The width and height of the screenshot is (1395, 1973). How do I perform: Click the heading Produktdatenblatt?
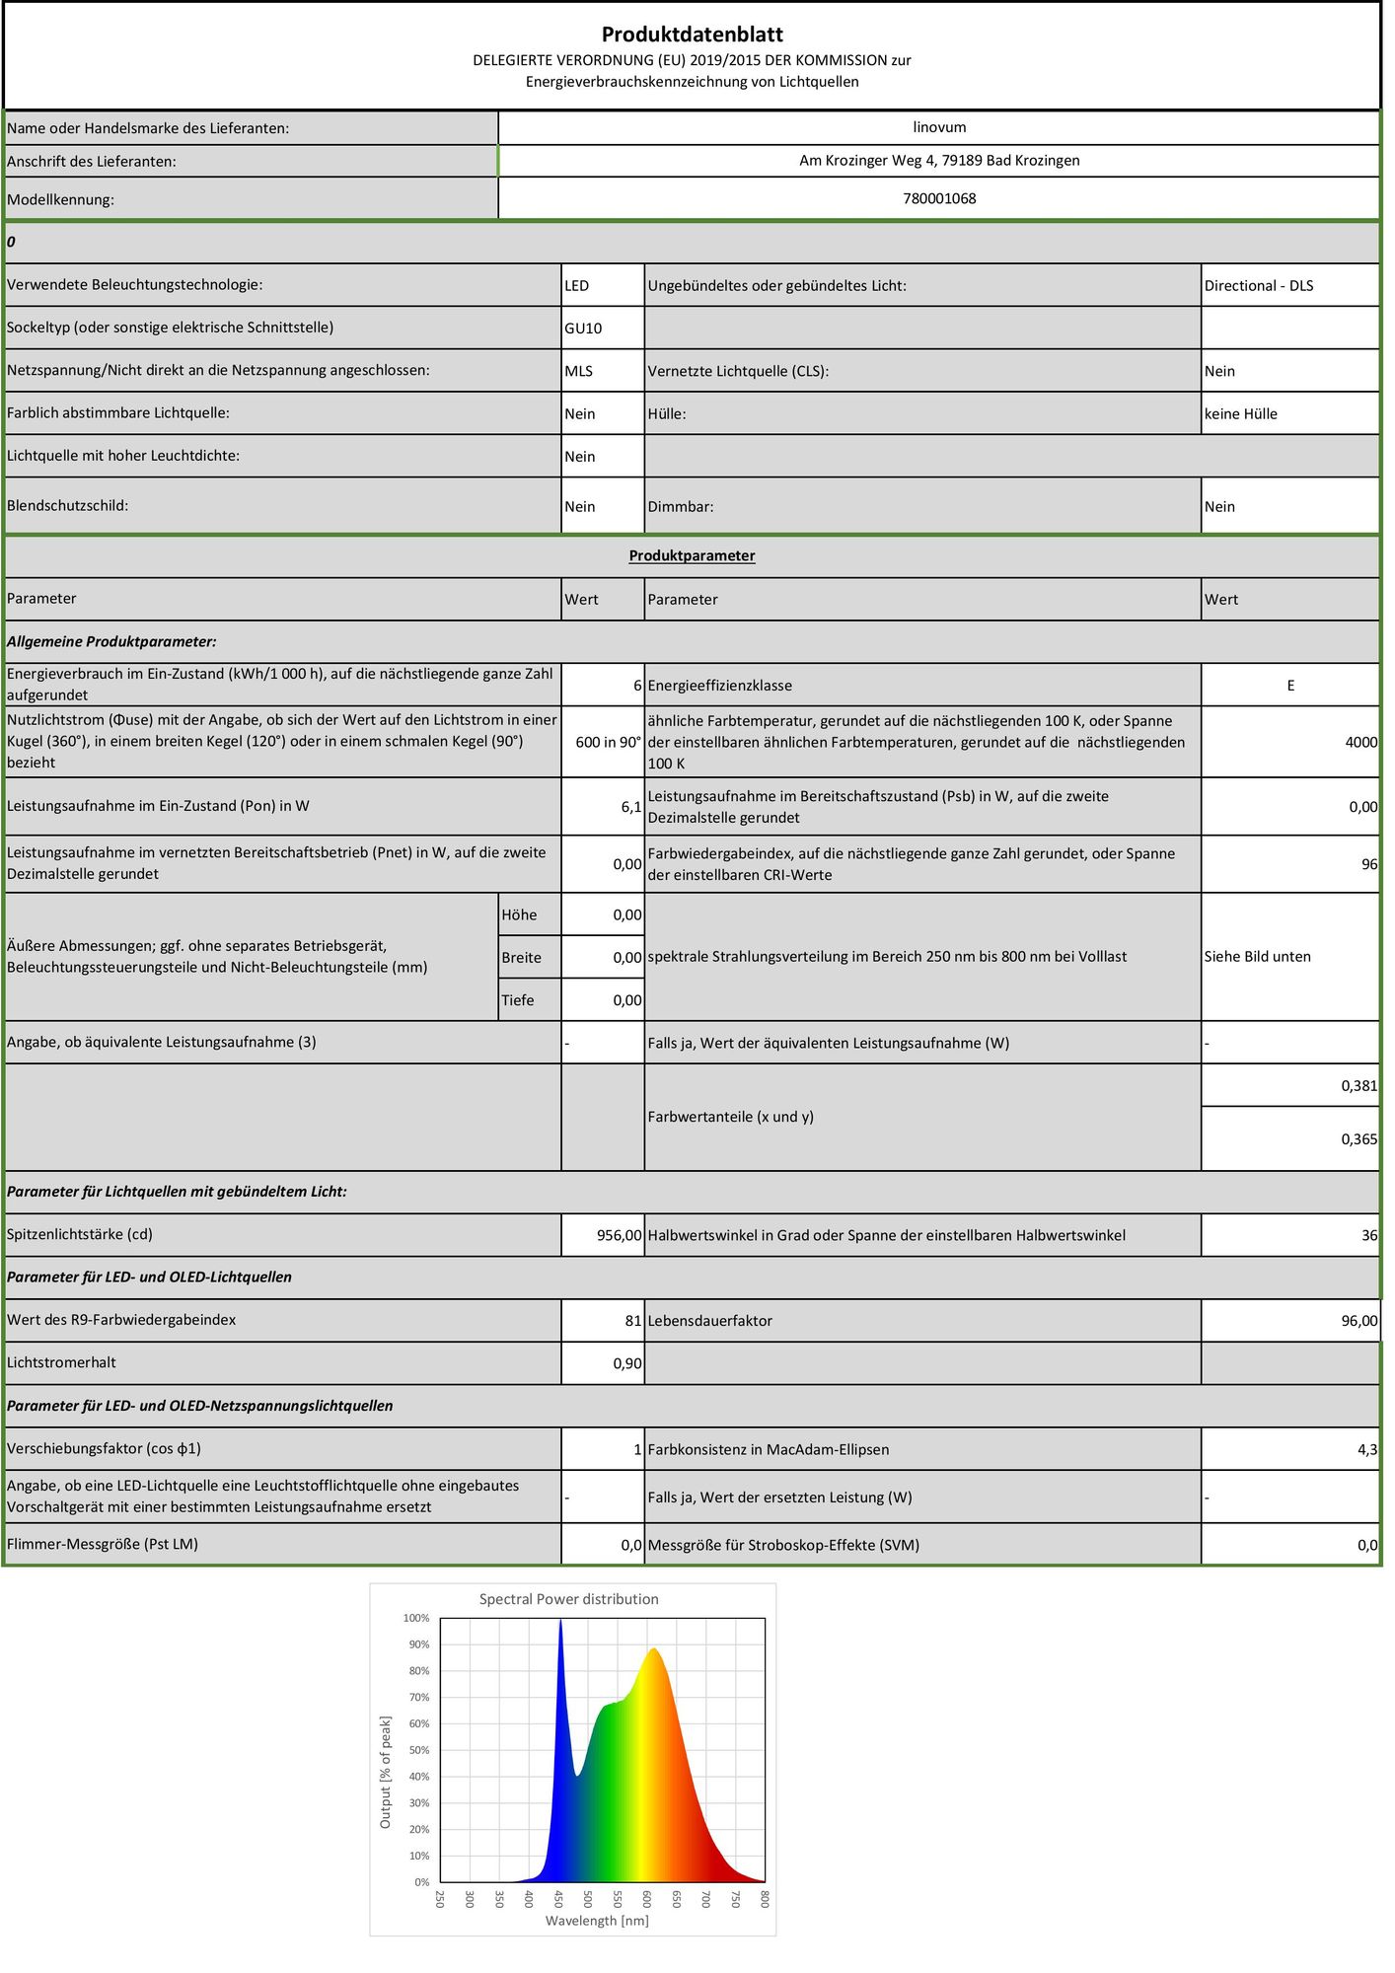(x=692, y=35)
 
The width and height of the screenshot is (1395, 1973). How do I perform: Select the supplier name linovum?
(x=939, y=127)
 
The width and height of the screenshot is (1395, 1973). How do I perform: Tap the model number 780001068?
(x=939, y=198)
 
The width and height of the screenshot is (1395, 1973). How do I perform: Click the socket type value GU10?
(x=583, y=329)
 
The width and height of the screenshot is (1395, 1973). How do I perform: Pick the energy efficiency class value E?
(x=1289, y=686)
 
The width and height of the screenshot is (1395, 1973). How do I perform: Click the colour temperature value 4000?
(x=1360, y=742)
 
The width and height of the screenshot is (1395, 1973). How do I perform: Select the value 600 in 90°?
(x=608, y=742)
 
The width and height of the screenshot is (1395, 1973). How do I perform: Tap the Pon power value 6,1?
(x=630, y=807)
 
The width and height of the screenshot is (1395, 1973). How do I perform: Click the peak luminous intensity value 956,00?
(x=619, y=1235)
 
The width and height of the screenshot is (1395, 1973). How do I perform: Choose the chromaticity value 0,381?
(x=1358, y=1086)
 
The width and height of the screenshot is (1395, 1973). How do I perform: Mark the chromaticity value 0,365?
(x=1358, y=1139)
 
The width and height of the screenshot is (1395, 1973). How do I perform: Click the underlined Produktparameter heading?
(x=692, y=555)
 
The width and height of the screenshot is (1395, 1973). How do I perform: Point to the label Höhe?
(x=519, y=915)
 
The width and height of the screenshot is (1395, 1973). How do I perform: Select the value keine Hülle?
(x=1240, y=414)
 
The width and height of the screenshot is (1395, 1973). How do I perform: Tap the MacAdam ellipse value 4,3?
(x=1366, y=1450)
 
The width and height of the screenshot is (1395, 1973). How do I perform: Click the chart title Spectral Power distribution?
(x=568, y=1599)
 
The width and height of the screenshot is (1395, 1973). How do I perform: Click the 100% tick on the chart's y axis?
(x=416, y=1618)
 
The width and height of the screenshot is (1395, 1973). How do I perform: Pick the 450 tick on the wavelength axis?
(x=557, y=1899)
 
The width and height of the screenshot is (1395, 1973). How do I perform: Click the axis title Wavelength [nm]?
(x=597, y=1921)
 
